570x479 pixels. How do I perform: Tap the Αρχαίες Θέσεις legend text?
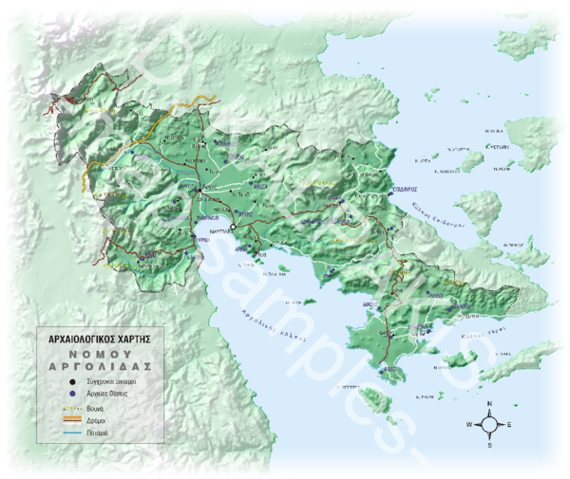click(x=108, y=390)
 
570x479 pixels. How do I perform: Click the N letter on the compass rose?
click(x=489, y=404)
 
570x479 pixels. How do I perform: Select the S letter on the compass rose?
click(x=489, y=444)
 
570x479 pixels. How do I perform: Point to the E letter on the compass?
click(x=509, y=424)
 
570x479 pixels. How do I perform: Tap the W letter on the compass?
click(x=469, y=424)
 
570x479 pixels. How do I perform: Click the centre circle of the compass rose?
click(x=489, y=424)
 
